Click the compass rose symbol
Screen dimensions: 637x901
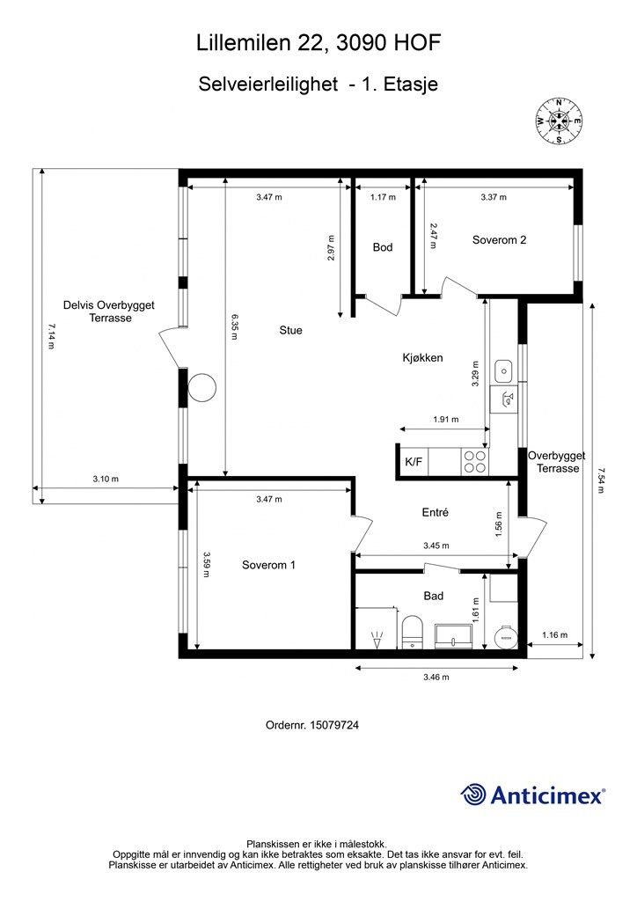[x=559, y=121]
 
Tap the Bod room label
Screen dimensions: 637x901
[x=383, y=247]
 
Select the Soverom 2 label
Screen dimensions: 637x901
[x=499, y=240]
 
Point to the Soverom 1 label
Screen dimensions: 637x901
[x=269, y=565]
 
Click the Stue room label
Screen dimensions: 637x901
[x=290, y=331]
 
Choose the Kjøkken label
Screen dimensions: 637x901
[x=422, y=357]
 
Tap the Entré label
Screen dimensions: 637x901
[x=435, y=512]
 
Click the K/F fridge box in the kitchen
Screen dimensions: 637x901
[x=413, y=461]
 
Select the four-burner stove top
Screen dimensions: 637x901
[x=475, y=461]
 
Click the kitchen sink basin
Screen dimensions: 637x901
[x=503, y=370]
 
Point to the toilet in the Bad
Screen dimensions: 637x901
[x=411, y=632]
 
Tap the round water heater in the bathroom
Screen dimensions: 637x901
[x=507, y=637]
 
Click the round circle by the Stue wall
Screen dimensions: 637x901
[x=202, y=387]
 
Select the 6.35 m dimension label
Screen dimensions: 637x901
[x=234, y=326]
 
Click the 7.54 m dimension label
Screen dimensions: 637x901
[x=600, y=481]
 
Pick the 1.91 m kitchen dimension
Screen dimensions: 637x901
[x=446, y=419]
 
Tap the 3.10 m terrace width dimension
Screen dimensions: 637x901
[x=106, y=479]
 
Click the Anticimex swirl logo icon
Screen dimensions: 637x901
[x=474, y=795]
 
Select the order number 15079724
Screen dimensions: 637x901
[x=334, y=725]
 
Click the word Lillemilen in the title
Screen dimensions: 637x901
[x=242, y=42]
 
